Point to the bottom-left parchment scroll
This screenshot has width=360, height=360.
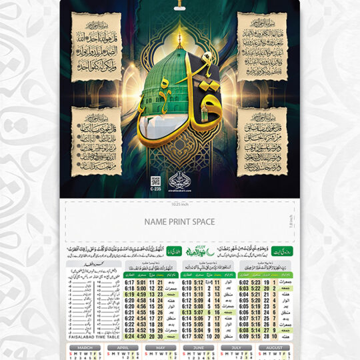click(97, 141)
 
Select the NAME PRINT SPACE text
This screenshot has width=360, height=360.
click(180, 221)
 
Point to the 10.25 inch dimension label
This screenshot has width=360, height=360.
click(180, 203)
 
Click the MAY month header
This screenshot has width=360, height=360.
click(161, 347)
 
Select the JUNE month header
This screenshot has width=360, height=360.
click(199, 347)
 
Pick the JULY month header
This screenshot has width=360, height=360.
click(237, 347)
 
